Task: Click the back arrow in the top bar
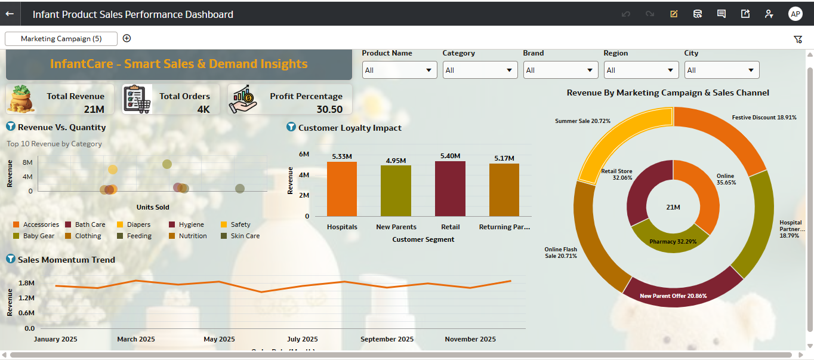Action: click(10, 14)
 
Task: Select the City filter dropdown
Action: click(721, 70)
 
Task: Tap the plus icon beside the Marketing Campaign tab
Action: click(127, 38)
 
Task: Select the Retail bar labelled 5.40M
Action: click(450, 189)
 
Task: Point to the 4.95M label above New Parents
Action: click(396, 161)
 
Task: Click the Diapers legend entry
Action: click(138, 224)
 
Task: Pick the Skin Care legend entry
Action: click(245, 236)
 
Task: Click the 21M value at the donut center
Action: click(673, 207)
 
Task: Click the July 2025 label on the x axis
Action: click(303, 339)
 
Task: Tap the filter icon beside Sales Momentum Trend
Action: click(10, 259)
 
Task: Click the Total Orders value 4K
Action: click(203, 109)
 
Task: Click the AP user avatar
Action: click(795, 14)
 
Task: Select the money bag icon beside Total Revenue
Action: click(21, 99)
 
